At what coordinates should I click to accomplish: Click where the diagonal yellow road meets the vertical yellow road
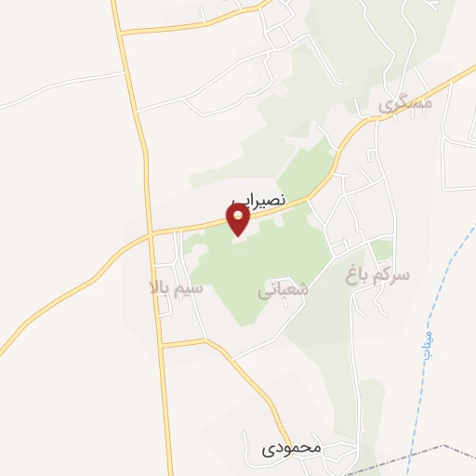pos(151,236)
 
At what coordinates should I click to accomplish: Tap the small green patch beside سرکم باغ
pos(382,249)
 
